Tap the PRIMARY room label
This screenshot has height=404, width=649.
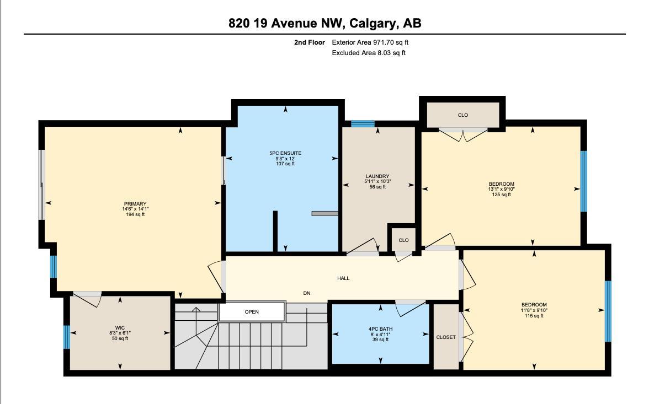[135, 204]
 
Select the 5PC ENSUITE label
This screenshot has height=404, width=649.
[285, 153]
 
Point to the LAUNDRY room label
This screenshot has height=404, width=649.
[377, 176]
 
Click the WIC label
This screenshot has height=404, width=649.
[120, 328]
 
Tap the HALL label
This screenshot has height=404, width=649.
[343, 278]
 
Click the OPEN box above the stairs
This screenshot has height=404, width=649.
[252, 312]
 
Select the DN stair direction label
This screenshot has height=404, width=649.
[307, 293]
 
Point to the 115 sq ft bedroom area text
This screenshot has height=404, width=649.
[534, 316]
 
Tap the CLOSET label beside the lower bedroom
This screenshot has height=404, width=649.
[446, 337]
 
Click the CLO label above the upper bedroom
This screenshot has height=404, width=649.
[462, 115]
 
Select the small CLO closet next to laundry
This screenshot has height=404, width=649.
[403, 240]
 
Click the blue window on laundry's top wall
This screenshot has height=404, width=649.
[363, 123]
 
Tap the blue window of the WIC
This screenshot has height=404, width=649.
[66, 337]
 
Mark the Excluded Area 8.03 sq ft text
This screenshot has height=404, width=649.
[369, 53]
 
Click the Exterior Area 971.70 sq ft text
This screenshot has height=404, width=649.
[370, 42]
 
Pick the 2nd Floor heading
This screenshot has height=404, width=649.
[310, 42]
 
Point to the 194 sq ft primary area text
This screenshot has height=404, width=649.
[135, 214]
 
